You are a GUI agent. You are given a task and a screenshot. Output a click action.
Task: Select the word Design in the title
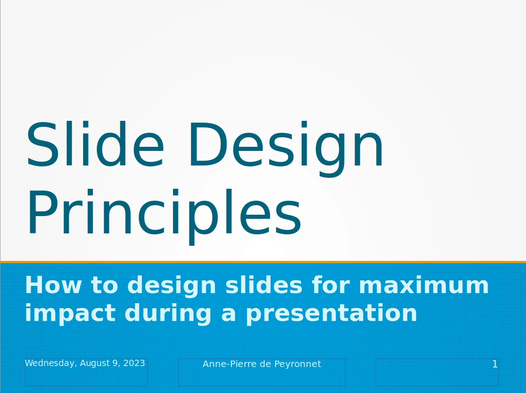(x=286, y=148)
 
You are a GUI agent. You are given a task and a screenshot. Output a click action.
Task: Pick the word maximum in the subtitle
(x=424, y=285)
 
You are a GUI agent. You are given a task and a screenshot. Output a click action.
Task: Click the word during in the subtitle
(x=168, y=313)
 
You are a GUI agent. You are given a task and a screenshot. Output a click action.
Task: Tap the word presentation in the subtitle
(x=332, y=313)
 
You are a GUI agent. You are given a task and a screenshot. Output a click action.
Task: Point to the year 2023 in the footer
(x=134, y=363)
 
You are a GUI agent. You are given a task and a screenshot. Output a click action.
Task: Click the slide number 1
(x=495, y=364)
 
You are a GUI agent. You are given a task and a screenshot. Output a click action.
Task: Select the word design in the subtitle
(x=172, y=285)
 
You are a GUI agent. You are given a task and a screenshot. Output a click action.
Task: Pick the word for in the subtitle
(x=331, y=284)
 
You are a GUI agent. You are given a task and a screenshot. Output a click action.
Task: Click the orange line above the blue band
(x=263, y=262)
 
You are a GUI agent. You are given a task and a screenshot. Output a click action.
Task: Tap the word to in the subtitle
(x=104, y=285)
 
